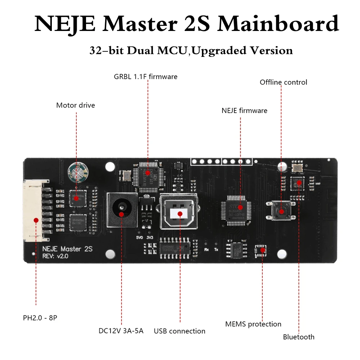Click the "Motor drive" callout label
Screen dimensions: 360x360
76,105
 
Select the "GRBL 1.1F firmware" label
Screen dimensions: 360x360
145,77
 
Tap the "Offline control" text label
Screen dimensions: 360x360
283,82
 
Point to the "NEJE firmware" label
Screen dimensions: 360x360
244,111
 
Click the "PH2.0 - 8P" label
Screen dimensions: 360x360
40,318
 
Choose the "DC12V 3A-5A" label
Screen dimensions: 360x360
121,330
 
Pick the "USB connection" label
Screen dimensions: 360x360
180,331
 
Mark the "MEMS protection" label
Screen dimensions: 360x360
253,324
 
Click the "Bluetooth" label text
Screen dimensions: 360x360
298,337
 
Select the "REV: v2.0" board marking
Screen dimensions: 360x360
55,256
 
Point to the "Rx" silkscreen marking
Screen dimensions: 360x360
206,249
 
